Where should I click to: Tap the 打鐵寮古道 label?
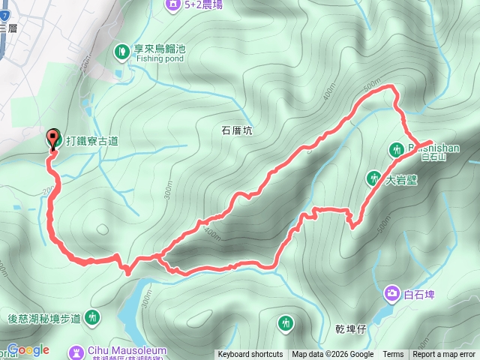point(91,140)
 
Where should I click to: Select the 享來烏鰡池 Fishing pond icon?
point(121,51)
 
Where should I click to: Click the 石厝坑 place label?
point(237,130)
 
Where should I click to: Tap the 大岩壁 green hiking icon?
point(373,178)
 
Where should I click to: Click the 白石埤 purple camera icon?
point(392,292)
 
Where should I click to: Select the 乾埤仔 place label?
point(350,328)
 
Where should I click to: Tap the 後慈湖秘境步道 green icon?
point(92,318)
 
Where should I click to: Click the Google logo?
point(28,349)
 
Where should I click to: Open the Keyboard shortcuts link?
point(250,355)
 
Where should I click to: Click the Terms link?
point(393,355)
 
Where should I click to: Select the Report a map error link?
point(445,355)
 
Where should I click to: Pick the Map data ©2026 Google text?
point(333,355)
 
